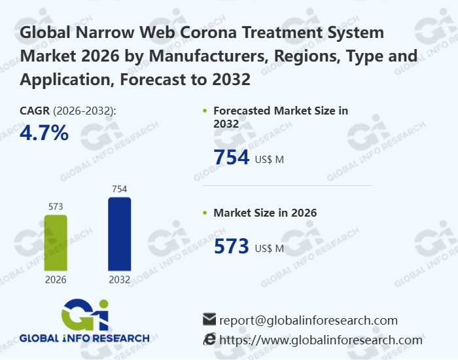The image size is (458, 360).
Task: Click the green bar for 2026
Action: tap(55, 243)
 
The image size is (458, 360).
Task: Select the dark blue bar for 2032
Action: tap(119, 234)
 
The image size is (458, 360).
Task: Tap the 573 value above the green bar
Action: tap(55, 207)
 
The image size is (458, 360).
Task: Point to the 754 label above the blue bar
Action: tap(119, 189)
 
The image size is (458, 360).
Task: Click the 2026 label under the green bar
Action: tap(55, 279)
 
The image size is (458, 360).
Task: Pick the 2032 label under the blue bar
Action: tap(119, 279)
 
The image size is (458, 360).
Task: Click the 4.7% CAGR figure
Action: tap(44, 133)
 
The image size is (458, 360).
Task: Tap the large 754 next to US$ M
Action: tap(232, 158)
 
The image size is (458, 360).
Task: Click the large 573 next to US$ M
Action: tap(232, 247)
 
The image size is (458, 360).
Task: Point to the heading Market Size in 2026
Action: tap(265, 213)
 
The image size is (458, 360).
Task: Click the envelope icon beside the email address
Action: tap(209, 320)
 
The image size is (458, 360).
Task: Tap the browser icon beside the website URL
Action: tap(209, 339)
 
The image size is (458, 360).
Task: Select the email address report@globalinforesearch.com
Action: tap(308, 320)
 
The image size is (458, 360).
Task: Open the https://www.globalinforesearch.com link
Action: tap(321, 340)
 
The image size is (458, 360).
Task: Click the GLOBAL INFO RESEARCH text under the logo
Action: tap(84, 338)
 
